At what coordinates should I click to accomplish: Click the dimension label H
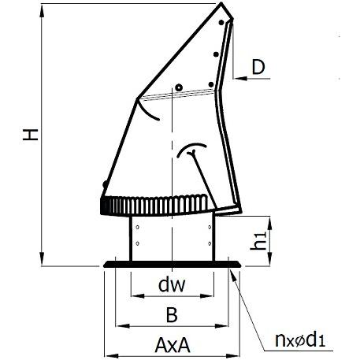point(31,135)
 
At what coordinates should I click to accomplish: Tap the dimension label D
point(258,67)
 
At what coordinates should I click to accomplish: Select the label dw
point(172,284)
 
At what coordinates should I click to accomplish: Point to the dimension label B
point(172,314)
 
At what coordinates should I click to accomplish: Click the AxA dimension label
point(173,345)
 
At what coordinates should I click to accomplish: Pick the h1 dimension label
point(258,241)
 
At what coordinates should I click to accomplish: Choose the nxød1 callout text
point(300,340)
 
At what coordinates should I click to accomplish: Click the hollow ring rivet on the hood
point(179,87)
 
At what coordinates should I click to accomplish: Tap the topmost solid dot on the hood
point(221,23)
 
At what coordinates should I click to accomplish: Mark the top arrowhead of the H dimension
point(42,10)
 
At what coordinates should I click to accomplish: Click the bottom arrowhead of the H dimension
point(42,259)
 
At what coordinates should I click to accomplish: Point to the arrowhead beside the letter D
point(240,78)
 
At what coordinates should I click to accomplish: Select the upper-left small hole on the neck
point(137,227)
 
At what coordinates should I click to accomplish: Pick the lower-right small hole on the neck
point(210,243)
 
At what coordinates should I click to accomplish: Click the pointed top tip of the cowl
point(221,3)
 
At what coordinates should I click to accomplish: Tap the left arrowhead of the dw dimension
point(138,296)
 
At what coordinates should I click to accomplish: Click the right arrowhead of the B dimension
point(221,326)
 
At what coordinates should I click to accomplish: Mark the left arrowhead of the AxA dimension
point(111,356)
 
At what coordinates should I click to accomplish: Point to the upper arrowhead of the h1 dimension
point(269,223)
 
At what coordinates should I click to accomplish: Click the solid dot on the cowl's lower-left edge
point(105,184)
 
